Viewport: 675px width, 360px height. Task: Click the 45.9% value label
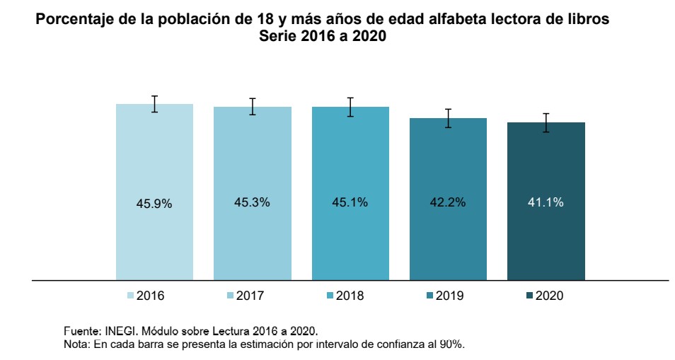[x=154, y=203]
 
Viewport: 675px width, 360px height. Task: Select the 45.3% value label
[x=252, y=202]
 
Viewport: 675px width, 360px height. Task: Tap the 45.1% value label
[x=350, y=202]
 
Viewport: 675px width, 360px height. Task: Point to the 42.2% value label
[x=448, y=202]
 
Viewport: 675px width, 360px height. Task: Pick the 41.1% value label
[x=546, y=202]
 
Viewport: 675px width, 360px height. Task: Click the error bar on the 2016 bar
[x=154, y=104]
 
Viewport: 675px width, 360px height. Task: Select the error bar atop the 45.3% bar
[x=252, y=106]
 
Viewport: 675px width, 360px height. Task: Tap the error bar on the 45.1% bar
[x=350, y=107]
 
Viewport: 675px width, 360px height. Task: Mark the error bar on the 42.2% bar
[x=448, y=118]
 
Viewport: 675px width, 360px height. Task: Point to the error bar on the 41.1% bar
[x=546, y=122]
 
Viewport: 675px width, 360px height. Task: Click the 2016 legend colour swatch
[x=130, y=296]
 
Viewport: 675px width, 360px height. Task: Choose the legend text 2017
[x=250, y=296]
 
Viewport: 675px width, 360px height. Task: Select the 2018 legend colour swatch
[x=330, y=296]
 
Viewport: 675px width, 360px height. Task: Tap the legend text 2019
[x=450, y=296]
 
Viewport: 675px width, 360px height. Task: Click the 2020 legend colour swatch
[x=530, y=296]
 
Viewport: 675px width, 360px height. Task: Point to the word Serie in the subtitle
[x=279, y=38]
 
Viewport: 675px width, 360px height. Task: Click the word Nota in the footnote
[x=75, y=344]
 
